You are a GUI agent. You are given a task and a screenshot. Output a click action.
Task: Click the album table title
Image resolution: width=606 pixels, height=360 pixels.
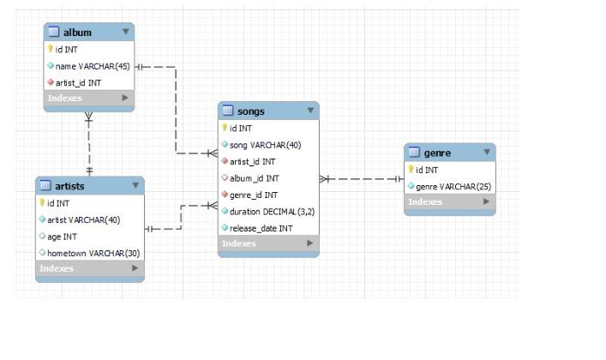point(77,33)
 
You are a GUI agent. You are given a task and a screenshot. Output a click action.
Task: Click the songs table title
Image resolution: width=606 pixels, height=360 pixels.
point(250,111)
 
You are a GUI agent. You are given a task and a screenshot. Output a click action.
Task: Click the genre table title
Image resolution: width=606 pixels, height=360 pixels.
point(437,153)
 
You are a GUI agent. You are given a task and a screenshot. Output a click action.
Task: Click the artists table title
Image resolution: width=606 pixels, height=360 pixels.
point(69,186)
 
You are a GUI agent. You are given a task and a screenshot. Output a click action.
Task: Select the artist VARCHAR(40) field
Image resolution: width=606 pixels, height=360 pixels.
point(82,219)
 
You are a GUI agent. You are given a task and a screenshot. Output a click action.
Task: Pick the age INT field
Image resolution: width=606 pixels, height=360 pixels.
point(66,236)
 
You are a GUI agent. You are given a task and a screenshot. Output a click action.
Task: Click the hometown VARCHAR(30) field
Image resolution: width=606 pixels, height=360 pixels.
point(93,252)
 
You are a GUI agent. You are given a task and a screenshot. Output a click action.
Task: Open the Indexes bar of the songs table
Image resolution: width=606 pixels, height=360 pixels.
point(268,243)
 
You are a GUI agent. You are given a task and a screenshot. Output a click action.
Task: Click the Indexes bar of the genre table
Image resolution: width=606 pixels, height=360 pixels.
point(449,202)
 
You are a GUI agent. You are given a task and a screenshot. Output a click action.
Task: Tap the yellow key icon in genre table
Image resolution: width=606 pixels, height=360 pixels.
point(411,170)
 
